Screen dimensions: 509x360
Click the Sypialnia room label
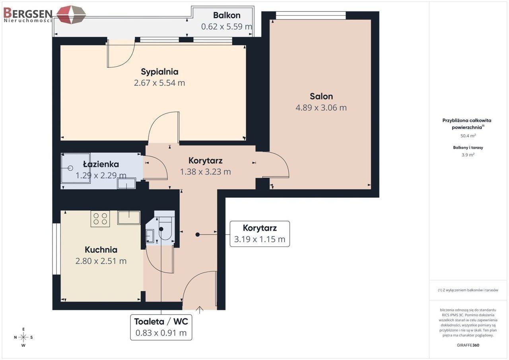coord(159,72)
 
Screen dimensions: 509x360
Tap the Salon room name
coord(321,96)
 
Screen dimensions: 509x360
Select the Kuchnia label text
coord(101,250)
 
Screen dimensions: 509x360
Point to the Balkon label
coord(227,15)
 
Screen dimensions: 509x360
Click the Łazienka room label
coord(101,164)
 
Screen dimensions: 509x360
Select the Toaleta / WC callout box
coord(161,327)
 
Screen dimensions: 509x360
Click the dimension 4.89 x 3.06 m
coord(321,107)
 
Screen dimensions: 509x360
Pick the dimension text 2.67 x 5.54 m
coord(159,83)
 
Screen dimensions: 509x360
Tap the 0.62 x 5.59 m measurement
coord(227,27)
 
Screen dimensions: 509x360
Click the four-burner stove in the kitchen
coord(100,219)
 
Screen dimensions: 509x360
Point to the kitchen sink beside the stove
coord(129,218)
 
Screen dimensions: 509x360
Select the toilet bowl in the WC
coord(165,228)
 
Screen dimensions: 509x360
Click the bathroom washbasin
coord(126,183)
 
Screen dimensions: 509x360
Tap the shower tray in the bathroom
coord(76,168)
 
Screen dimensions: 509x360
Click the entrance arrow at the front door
coord(200,310)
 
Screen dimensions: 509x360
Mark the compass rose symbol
coord(23,337)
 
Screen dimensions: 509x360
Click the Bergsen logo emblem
coord(71,15)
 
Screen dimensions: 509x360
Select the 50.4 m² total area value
coord(468,136)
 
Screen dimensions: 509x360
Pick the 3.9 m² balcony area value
coord(468,155)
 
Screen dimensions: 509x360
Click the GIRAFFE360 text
coord(468,345)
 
